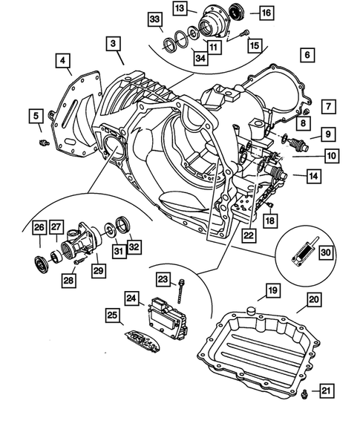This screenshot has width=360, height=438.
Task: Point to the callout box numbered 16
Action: point(265,12)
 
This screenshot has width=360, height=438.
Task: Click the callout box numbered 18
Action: point(271,220)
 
